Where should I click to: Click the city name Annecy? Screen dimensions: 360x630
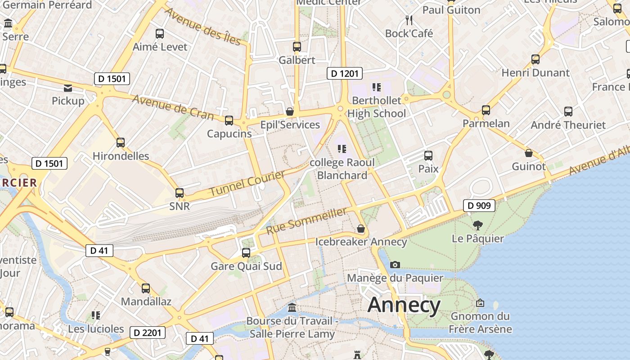[404, 305]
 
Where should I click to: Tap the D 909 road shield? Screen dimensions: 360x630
[479, 206]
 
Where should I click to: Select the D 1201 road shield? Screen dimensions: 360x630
[344, 73]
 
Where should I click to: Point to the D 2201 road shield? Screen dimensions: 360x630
[148, 333]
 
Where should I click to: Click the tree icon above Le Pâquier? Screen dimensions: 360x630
[477, 225]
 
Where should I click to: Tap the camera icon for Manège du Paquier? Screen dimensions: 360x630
[395, 265]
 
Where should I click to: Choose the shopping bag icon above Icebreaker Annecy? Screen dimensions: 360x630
[360, 229]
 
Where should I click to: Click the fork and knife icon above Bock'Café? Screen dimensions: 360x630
[409, 20]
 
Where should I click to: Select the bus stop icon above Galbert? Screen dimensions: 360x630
[297, 47]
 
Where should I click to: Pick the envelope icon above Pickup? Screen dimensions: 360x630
[68, 88]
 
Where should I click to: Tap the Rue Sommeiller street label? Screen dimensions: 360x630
[307, 220]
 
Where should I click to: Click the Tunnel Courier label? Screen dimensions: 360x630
[247, 183]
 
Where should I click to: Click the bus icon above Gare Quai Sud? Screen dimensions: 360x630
[246, 253]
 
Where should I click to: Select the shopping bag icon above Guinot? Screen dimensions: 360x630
[528, 153]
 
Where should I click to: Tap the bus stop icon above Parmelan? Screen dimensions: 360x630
[486, 110]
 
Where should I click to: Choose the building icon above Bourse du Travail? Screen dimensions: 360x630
[292, 308]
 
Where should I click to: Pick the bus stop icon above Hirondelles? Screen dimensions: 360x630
[120, 143]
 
